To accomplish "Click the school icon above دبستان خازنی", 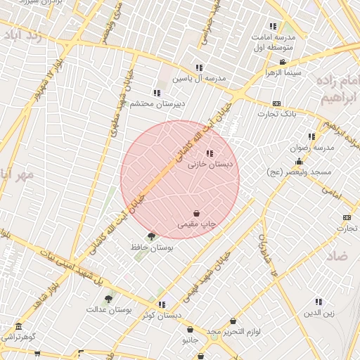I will (209, 153).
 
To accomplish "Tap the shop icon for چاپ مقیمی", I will (195, 213).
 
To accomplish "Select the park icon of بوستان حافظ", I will (151, 236).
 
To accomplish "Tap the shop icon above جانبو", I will (190, 329).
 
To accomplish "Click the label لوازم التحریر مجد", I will (234, 330).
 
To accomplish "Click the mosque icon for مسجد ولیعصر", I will (299, 162).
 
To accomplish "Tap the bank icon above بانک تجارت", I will (276, 103).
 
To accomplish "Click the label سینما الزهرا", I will (283, 72).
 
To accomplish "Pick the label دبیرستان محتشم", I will (156, 103).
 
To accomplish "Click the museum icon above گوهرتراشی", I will (18, 327).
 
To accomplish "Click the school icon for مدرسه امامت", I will (273, 26).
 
